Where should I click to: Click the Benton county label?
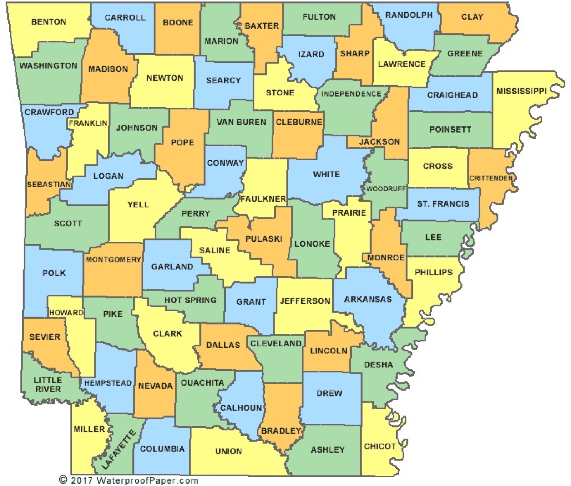point(49,22)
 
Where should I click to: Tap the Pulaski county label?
point(264,239)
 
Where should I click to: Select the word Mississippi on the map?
point(521,91)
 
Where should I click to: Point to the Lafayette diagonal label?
point(119,450)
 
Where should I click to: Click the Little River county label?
point(48,384)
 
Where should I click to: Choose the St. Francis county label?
point(443,204)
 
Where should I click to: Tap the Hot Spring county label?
point(190,300)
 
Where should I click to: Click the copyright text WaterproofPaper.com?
point(128,480)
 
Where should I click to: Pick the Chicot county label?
point(380,446)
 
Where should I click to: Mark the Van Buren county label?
point(241,122)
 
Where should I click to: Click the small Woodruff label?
point(386,189)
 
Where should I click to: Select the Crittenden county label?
point(491,178)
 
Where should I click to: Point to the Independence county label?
point(351,94)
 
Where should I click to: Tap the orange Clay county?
point(472,17)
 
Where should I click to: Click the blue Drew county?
point(329,393)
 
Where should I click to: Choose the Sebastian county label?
point(49,185)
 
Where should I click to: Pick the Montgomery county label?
point(113,259)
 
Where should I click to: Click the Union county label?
point(228,451)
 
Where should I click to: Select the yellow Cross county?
point(438,166)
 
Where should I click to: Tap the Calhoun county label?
point(241,408)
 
